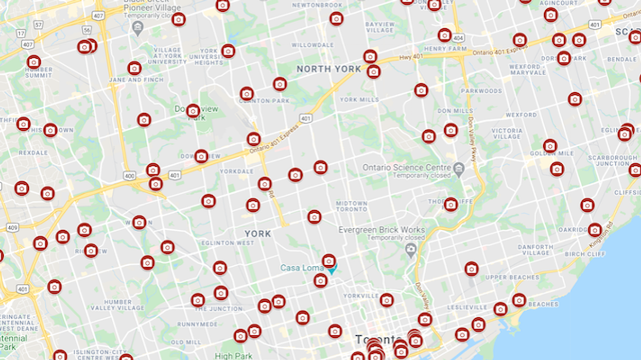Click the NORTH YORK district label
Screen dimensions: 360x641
pos(328,69)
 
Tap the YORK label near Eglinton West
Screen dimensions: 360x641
pos(257,233)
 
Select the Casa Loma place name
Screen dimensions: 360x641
pos(302,268)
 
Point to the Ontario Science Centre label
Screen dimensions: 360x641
pos(407,167)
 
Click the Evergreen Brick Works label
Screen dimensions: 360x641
pos(382,230)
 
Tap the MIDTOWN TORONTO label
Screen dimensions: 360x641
pos(352,207)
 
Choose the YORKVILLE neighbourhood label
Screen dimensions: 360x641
pos(361,296)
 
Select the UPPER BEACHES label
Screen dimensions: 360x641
pos(512,277)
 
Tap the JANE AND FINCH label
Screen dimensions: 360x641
pos(136,80)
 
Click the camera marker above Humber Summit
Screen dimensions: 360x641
pos(34,62)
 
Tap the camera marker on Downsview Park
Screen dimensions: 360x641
pos(193,111)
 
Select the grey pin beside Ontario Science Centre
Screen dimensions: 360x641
pos(459,168)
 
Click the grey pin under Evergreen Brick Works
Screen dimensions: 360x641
pos(411,251)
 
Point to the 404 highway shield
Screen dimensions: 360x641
pos(458,38)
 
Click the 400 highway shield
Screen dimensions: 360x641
pos(129,176)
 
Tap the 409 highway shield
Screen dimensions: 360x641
pos(12,227)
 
